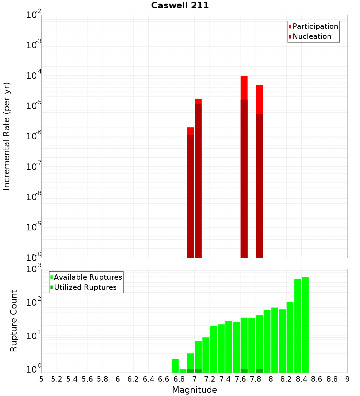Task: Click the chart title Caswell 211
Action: [x=180, y=5]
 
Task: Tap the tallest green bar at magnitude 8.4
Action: [x=305, y=324]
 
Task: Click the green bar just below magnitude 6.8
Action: [x=175, y=365]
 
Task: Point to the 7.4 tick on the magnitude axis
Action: [x=225, y=379]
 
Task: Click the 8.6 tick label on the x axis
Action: [x=317, y=379]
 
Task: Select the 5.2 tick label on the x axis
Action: [x=57, y=379]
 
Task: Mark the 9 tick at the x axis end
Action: [x=347, y=379]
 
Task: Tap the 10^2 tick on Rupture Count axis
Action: [x=34, y=302]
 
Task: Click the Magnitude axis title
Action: [x=194, y=390]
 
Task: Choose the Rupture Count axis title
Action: [x=14, y=321]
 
